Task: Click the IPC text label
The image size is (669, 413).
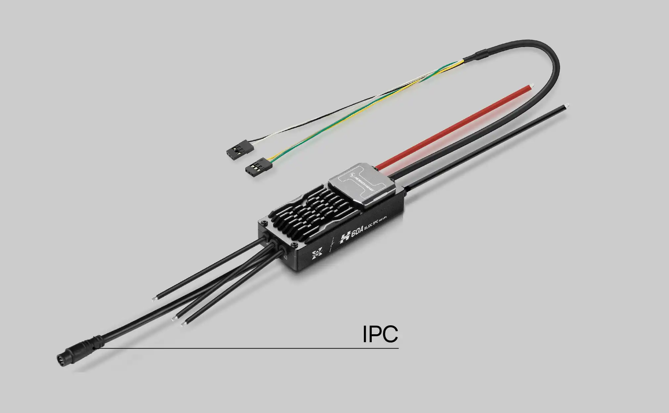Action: (380, 334)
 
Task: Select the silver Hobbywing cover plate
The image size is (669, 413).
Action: (359, 184)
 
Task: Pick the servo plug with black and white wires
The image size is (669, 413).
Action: (236, 148)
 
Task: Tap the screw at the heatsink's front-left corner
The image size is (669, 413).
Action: (263, 223)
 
